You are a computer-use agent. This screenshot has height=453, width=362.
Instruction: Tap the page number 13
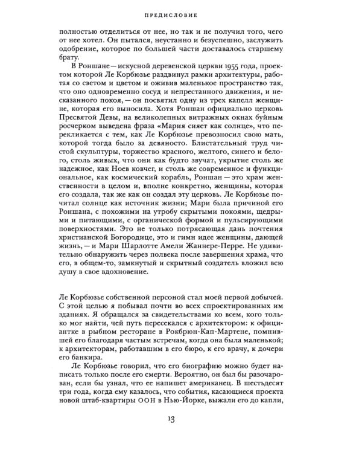click(180, 434)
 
